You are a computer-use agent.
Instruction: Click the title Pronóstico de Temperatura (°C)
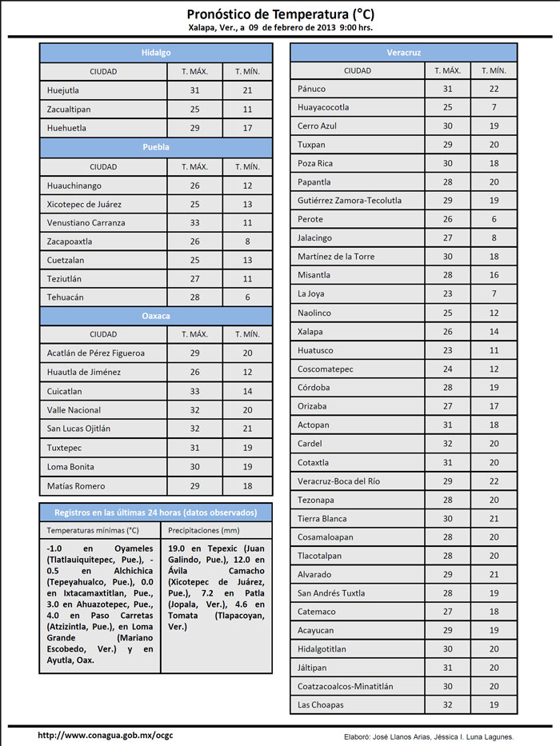[x=280, y=14]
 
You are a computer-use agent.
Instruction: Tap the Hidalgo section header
[x=156, y=53]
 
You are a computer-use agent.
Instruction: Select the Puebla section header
[x=156, y=147]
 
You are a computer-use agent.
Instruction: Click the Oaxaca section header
[x=156, y=316]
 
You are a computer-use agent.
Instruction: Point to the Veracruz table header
[x=403, y=53]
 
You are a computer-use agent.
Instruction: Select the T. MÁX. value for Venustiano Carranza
[x=194, y=222]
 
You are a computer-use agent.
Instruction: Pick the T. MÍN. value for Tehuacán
[x=247, y=297]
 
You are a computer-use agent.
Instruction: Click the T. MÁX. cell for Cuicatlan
[x=194, y=392]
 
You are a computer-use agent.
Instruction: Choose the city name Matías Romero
[x=76, y=486]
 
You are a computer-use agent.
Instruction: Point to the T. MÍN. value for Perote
[x=494, y=219]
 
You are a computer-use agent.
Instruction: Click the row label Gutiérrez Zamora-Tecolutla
[x=350, y=201]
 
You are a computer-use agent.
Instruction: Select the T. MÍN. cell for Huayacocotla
[x=494, y=107]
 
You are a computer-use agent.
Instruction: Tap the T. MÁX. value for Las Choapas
[x=448, y=705]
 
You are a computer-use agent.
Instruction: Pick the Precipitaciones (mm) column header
[x=204, y=530]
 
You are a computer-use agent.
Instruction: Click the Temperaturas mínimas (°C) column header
[x=93, y=530]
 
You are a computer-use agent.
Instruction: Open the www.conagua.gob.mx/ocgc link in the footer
[x=105, y=735]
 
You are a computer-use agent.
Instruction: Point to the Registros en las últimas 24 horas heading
[x=156, y=512]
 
